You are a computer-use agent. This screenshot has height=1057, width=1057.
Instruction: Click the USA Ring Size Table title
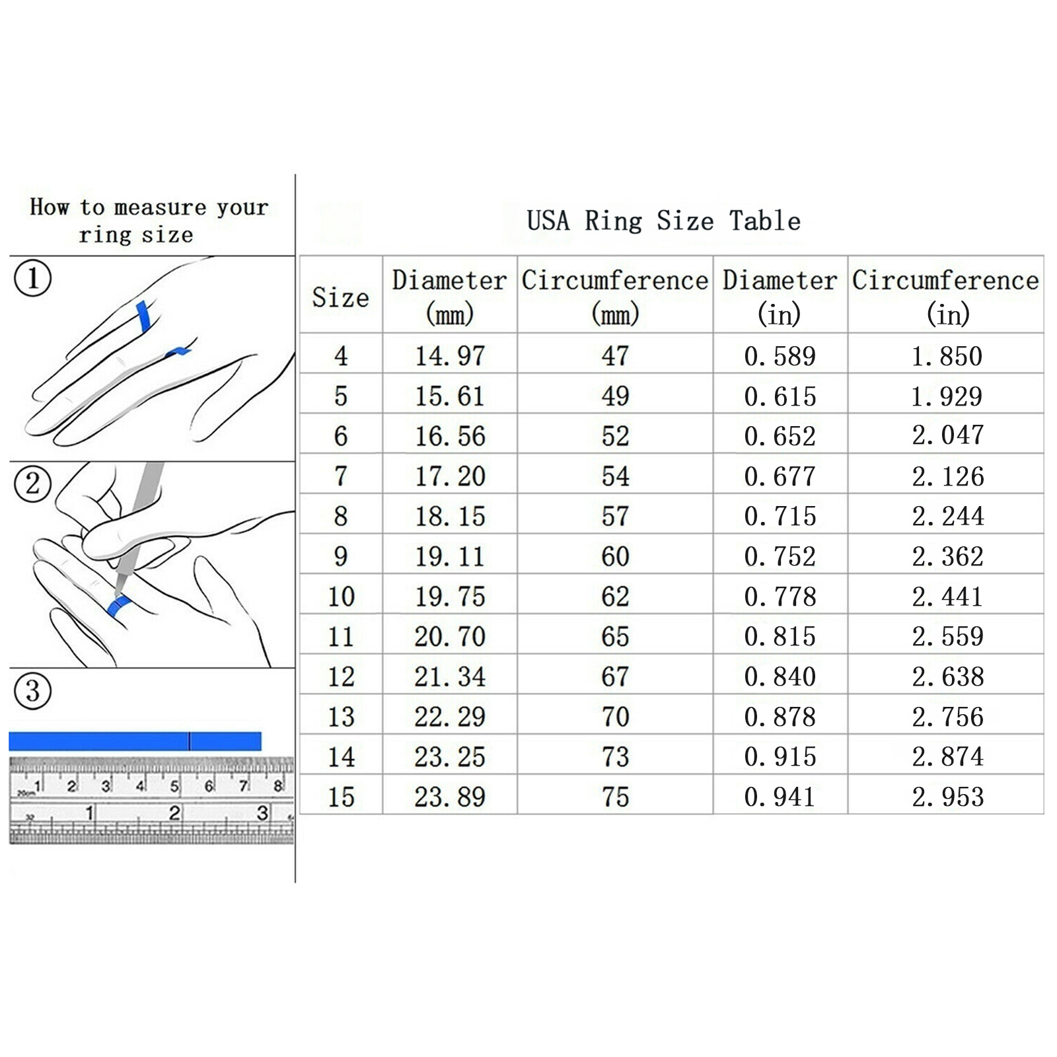663,221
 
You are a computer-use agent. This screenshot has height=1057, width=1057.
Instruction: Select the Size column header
340,297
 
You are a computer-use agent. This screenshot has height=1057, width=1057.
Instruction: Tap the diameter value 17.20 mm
450,476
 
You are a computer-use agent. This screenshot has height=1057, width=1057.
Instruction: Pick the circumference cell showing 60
615,556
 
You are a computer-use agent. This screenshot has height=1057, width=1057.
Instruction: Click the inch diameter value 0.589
780,356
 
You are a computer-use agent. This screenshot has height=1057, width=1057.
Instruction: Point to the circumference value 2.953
947,797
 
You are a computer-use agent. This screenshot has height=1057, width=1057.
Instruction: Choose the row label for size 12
341,676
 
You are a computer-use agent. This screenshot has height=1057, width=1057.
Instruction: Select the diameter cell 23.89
450,797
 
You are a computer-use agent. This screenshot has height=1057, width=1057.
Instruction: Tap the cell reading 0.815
780,636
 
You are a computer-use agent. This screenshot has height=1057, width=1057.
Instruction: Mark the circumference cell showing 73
615,756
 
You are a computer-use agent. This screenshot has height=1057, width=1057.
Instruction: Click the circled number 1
32,278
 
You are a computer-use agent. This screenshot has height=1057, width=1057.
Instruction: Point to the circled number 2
32,484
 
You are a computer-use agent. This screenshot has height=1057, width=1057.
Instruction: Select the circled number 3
32,691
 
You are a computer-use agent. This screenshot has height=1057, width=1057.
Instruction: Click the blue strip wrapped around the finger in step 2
118,605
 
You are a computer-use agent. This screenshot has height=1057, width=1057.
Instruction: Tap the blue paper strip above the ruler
135,741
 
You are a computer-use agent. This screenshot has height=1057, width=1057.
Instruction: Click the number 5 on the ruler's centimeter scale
174,786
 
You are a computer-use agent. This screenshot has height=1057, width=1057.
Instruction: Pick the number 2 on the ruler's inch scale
174,812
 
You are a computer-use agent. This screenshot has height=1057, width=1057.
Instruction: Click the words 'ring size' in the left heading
136,235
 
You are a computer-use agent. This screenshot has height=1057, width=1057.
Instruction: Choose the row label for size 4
341,356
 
